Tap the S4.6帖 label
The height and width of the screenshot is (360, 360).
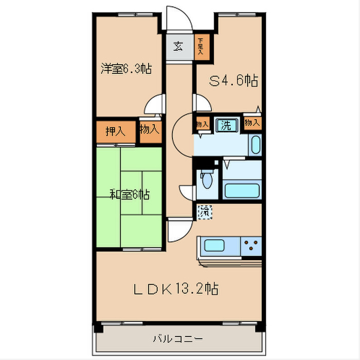coord(233,81)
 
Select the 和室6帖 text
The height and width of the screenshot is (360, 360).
coord(129,194)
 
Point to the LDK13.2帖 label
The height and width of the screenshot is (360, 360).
coord(176,289)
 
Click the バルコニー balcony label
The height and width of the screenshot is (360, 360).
coord(177,339)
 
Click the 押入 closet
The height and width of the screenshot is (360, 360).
coord(115,131)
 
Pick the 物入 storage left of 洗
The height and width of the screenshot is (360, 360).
coord(202,124)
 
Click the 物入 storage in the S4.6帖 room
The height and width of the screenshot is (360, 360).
coord(251,123)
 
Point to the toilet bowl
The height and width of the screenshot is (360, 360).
coord(207,181)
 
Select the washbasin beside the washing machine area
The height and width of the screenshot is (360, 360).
coord(256,145)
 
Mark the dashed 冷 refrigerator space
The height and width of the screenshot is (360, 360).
coord(205,211)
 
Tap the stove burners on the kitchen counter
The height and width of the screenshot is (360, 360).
coord(252,245)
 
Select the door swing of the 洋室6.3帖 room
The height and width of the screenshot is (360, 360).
coord(153,105)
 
